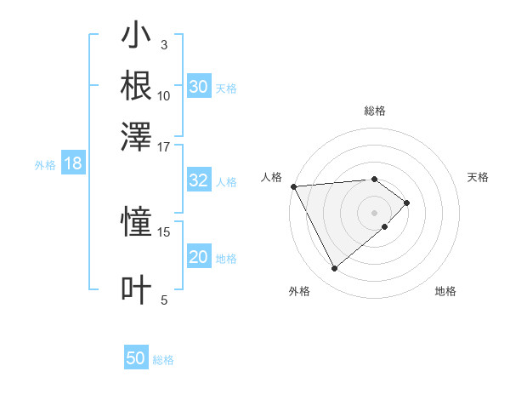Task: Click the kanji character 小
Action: (137, 37)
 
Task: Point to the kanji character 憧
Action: (137, 223)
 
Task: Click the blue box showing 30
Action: (199, 87)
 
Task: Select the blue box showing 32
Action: (199, 180)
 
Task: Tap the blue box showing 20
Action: (199, 257)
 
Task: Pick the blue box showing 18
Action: (73, 163)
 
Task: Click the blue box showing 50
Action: (136, 358)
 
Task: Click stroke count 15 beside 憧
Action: (164, 231)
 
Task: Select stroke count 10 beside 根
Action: (164, 95)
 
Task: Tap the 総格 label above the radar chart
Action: (375, 111)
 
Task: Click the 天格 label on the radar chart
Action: (479, 177)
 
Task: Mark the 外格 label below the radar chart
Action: (298, 291)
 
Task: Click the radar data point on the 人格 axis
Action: (293, 186)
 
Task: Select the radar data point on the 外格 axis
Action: (335, 269)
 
